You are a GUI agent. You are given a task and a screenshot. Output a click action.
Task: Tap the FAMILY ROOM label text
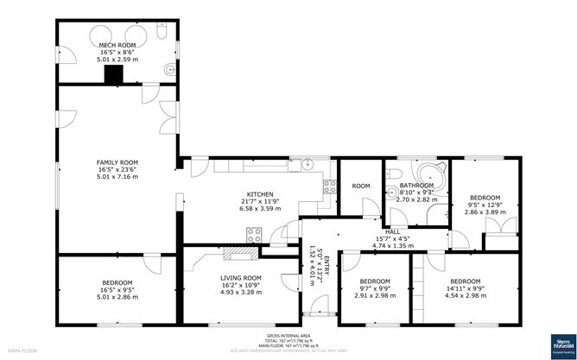point(117,161)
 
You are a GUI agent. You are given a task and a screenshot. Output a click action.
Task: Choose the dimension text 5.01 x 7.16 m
point(117,176)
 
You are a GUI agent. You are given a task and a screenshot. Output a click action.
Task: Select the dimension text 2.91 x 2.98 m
point(375,295)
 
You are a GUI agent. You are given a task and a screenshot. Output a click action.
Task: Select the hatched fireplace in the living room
point(239,253)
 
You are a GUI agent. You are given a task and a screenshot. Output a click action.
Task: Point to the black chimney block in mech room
point(112,76)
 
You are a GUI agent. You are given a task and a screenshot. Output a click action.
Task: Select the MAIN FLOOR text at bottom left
point(21,351)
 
